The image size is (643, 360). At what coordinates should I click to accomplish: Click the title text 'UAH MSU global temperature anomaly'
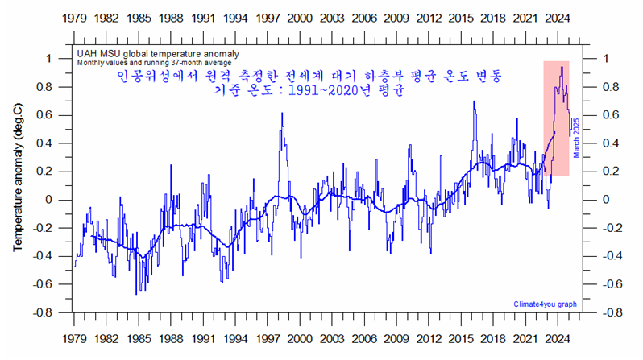151,52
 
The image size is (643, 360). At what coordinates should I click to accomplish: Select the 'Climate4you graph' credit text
545,304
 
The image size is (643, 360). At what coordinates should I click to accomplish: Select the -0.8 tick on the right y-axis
614,312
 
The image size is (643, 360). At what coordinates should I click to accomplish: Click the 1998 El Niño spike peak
282,114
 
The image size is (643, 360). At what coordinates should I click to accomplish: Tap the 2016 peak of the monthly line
474,101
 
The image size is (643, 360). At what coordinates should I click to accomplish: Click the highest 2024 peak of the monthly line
561,67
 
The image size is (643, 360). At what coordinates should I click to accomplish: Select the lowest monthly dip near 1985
136,293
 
